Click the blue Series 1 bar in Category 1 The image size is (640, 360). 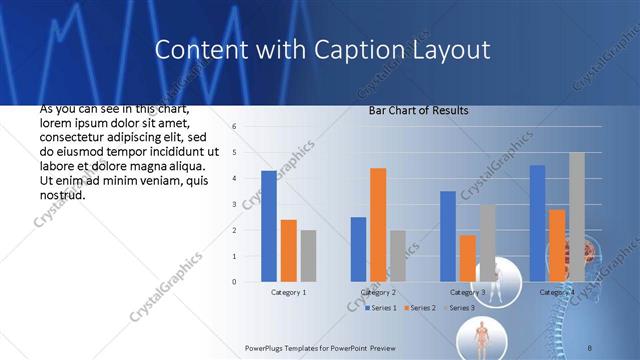coord(269,226)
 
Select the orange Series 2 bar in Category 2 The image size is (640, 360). coord(378,225)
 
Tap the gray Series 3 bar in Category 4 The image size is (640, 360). coord(576,217)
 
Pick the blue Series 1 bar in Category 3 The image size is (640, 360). coord(448,236)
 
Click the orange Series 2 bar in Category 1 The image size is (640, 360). coord(288,251)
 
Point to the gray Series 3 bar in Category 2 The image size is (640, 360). coord(397,256)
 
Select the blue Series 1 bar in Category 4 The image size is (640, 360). coord(537,223)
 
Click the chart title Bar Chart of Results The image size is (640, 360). coord(418,110)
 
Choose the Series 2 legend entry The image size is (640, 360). coord(420,308)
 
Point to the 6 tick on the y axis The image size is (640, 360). coord(233,127)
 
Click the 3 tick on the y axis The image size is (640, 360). coord(233,204)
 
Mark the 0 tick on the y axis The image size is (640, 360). coord(233,282)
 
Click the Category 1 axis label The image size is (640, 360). coord(288,293)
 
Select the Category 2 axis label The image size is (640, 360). coord(378,293)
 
